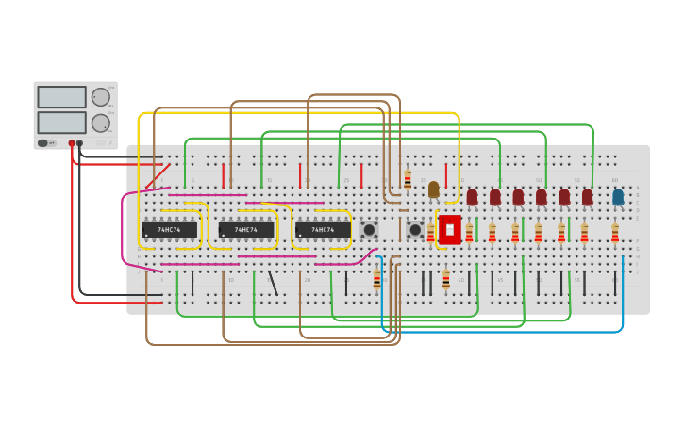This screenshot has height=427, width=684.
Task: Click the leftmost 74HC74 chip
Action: click(x=170, y=229)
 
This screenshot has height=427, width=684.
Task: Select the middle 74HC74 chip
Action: click(x=246, y=229)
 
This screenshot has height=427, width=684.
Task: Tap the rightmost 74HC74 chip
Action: click(x=323, y=229)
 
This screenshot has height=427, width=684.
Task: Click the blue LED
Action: click(x=618, y=197)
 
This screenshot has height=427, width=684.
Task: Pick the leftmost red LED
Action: click(x=472, y=197)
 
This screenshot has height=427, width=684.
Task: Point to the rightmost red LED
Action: click(x=587, y=197)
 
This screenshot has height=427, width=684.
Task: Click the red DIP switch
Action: click(x=450, y=229)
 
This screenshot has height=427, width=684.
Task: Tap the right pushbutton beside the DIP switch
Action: click(x=415, y=229)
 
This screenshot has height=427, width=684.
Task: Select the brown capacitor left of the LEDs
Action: click(x=433, y=189)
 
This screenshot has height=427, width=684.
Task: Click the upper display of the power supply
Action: click(x=61, y=97)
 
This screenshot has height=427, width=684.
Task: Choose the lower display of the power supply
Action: click(x=61, y=122)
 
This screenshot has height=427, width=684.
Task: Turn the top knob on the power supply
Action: click(x=100, y=96)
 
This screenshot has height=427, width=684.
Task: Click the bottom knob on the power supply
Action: click(x=100, y=123)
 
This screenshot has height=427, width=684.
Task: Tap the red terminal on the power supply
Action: click(x=72, y=143)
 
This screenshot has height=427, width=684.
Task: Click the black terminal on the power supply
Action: click(x=80, y=143)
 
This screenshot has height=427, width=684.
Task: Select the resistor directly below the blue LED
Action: click(x=615, y=232)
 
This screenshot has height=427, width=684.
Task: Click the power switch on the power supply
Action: click(x=43, y=143)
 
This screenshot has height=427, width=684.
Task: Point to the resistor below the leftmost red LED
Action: click(x=469, y=232)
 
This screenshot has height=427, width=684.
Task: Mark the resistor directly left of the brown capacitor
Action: click(x=408, y=180)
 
